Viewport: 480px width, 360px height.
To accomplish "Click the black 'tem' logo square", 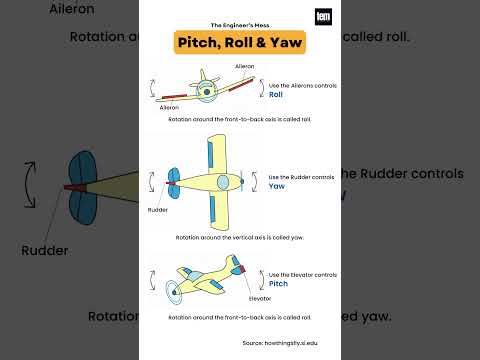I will (x=323, y=17).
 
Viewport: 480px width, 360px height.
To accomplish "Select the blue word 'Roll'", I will (x=276, y=95).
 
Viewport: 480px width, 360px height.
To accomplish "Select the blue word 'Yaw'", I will (x=277, y=186).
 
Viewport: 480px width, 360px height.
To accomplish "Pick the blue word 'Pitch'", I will (x=278, y=284).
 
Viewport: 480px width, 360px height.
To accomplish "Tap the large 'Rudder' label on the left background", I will (x=44, y=250).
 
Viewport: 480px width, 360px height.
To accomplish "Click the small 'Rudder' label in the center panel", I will (x=158, y=211).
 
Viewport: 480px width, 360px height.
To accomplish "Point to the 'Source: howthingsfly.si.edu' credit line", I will (x=240, y=342).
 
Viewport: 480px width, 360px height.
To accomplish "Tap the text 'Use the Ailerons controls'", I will (x=303, y=85).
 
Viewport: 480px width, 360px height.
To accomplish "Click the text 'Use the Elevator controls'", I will (x=303, y=273).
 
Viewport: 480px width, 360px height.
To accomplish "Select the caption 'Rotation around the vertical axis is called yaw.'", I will (x=240, y=238).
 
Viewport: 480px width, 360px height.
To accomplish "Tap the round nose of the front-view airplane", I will (x=206, y=92).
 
